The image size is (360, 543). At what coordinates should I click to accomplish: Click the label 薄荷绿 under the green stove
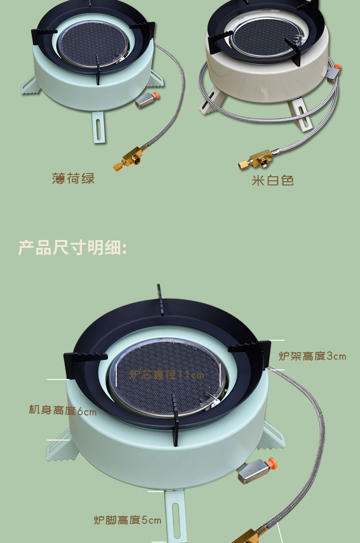[73, 178]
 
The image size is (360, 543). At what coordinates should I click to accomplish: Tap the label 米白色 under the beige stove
[273, 180]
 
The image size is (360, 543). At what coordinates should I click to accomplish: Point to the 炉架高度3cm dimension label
[312, 356]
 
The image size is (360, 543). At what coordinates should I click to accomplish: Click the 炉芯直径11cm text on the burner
[167, 375]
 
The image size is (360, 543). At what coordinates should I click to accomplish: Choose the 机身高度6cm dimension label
[63, 410]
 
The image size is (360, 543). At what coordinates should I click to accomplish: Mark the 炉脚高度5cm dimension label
[128, 520]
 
